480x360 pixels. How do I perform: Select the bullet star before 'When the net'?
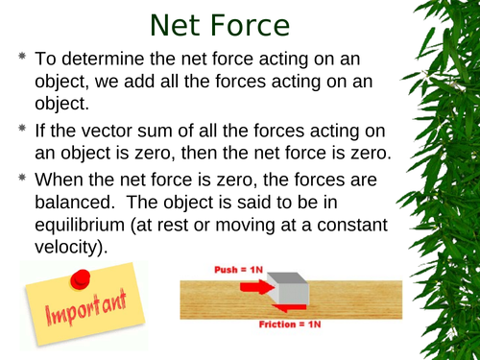click(x=21, y=179)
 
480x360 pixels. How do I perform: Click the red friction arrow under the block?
click(x=288, y=305)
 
